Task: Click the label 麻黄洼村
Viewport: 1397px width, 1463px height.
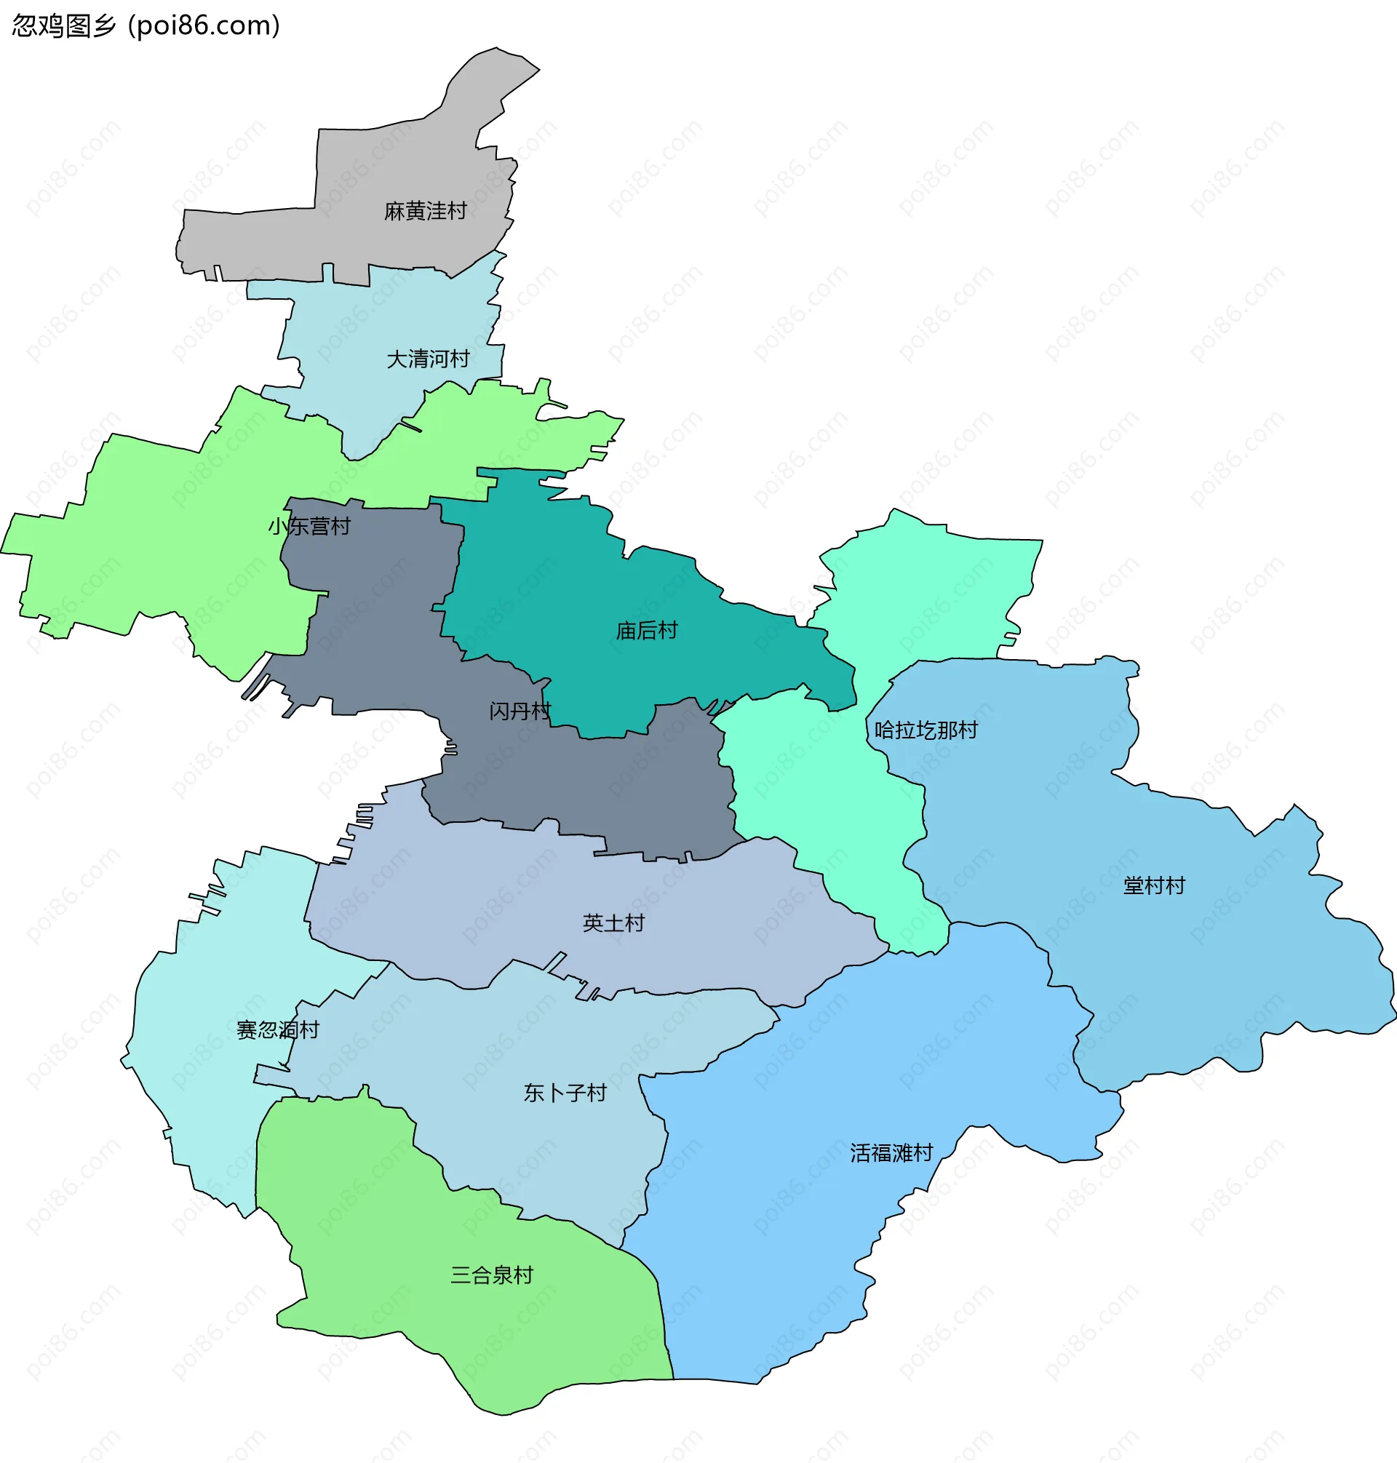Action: point(425,212)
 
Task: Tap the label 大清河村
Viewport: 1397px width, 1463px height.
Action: point(427,359)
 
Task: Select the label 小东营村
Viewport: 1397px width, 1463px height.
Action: point(309,527)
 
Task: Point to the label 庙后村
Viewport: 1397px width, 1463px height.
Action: point(646,631)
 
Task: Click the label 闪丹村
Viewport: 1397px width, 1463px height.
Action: point(520,711)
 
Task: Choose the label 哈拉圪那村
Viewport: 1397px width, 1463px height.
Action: point(926,730)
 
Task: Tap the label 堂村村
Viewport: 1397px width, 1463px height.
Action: point(1153,886)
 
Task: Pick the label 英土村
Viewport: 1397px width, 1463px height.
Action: point(613,924)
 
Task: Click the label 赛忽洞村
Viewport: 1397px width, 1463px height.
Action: point(278,1030)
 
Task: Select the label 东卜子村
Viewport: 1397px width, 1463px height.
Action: point(565,1093)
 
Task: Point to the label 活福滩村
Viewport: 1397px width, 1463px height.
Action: point(891,1153)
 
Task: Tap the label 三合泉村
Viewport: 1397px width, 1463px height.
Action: point(491,1275)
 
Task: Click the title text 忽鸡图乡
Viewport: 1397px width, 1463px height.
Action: point(64,26)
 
